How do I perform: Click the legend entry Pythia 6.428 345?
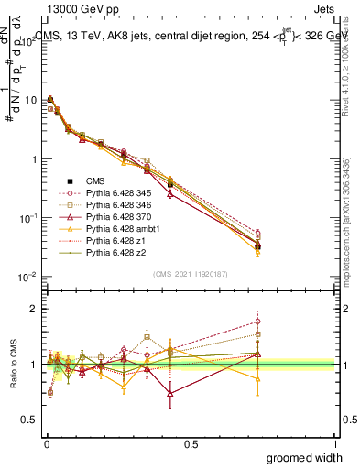(x=114, y=194)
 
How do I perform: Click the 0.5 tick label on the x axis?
(x=191, y=443)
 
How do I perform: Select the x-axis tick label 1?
(x=335, y=443)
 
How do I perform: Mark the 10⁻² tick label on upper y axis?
(x=26, y=277)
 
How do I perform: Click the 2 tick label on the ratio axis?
(x=33, y=309)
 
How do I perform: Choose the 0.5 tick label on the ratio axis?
(x=29, y=420)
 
